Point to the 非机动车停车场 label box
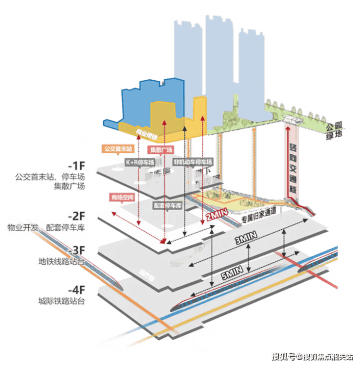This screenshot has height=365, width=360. coord(192,161)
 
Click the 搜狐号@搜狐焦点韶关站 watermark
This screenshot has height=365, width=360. coord(311,356)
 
